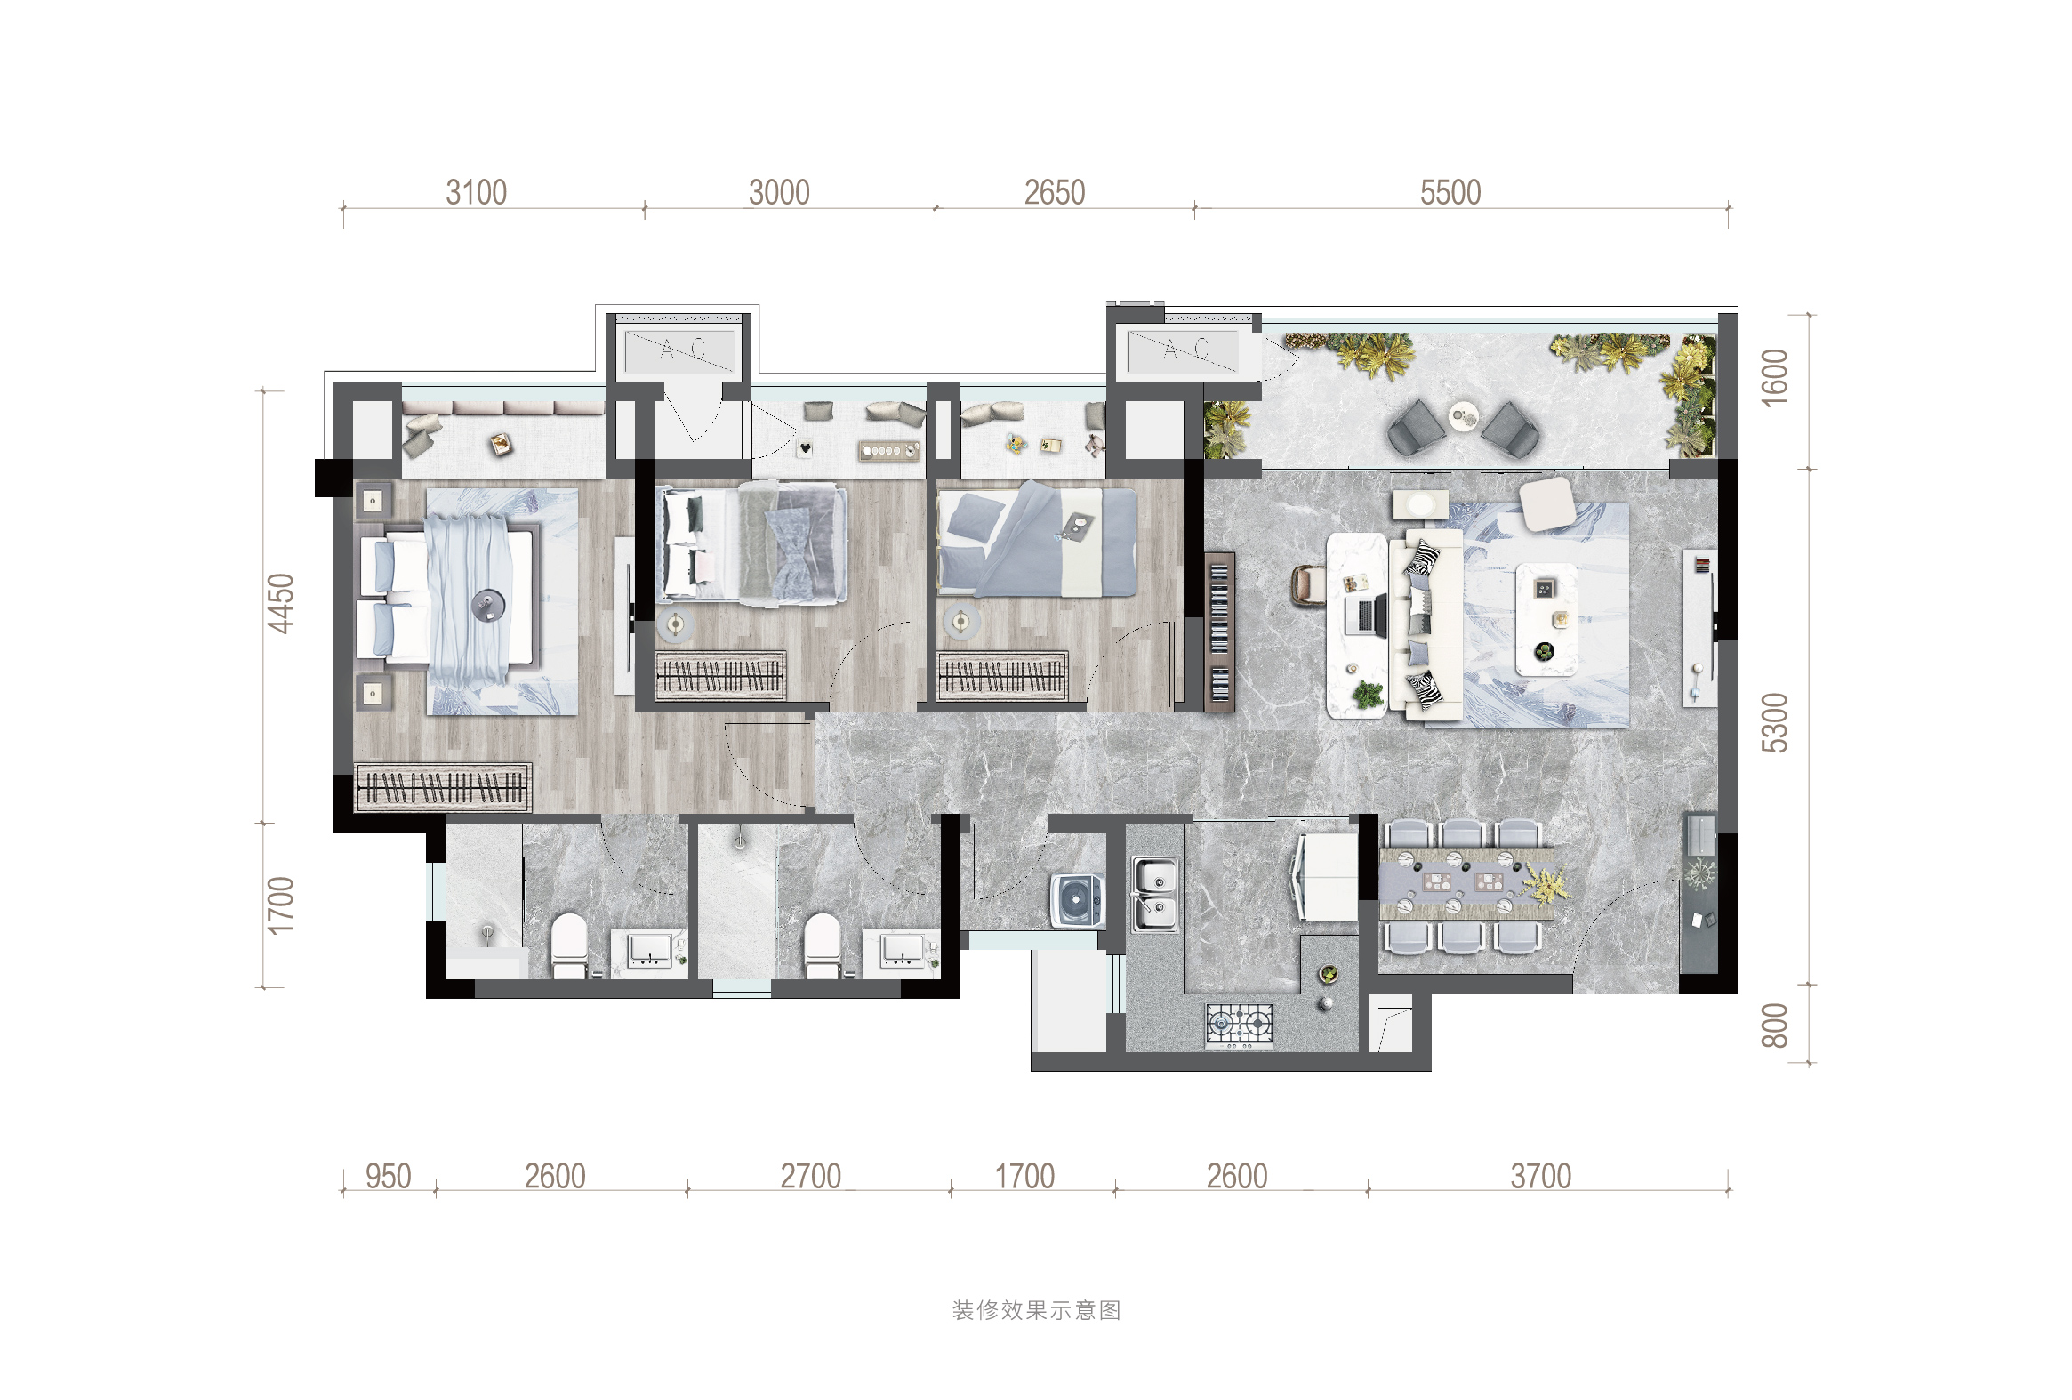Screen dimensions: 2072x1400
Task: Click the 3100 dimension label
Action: tap(476, 193)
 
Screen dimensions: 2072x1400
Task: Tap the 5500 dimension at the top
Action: tap(1450, 193)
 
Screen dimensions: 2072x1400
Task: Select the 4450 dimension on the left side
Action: tap(281, 604)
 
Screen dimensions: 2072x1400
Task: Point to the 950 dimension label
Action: tap(388, 1176)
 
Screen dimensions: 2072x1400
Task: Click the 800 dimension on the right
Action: tap(1774, 1026)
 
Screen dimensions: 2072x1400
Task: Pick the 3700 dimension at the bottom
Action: tap(1540, 1176)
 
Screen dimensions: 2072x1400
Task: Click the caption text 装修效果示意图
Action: tap(1036, 1310)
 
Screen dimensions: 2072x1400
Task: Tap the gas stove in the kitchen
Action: tap(1240, 1024)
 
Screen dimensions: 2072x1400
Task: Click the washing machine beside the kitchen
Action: tap(1077, 901)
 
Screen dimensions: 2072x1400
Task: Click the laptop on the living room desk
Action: tap(1366, 616)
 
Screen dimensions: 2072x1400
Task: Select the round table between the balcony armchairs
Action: tap(1462, 415)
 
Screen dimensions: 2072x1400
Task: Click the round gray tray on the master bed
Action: tap(487, 605)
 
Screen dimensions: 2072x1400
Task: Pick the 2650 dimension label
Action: tap(1054, 193)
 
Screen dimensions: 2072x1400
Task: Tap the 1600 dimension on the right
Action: tap(1774, 377)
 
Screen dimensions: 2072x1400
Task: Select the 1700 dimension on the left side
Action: tap(281, 905)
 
